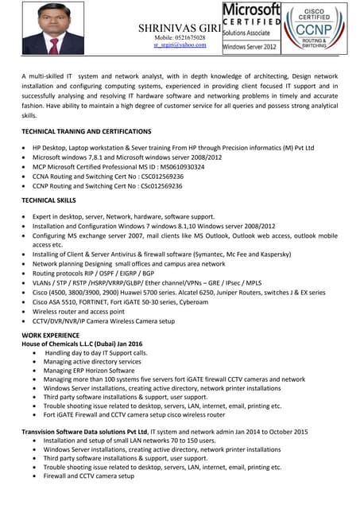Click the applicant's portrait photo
(x=54, y=29)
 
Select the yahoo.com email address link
(x=180, y=45)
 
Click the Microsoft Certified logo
(x=251, y=27)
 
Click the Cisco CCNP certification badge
(x=315, y=27)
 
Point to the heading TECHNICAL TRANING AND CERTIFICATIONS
(x=86, y=130)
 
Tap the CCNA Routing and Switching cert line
(x=107, y=177)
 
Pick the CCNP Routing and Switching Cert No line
(x=107, y=186)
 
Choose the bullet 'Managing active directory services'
(x=92, y=361)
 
